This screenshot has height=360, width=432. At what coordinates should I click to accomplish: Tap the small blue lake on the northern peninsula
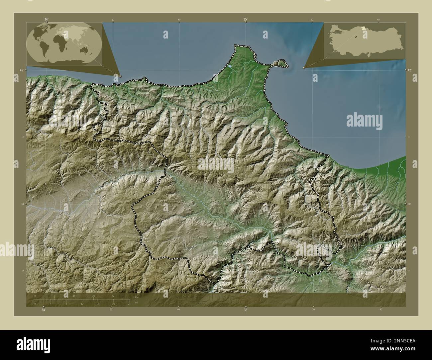(230, 66)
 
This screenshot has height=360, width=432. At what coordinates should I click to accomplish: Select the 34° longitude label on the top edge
(46, 20)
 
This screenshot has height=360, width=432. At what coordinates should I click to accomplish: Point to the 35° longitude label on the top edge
(245, 20)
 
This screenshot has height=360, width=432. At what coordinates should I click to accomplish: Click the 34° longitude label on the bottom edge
(43, 310)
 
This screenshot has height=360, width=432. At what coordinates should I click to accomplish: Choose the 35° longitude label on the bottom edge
(246, 310)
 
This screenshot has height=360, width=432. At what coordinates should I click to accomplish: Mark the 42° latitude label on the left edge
(21, 70)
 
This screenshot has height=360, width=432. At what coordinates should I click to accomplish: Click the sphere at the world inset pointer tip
(120, 76)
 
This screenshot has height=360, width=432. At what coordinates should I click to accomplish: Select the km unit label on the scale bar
(137, 297)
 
